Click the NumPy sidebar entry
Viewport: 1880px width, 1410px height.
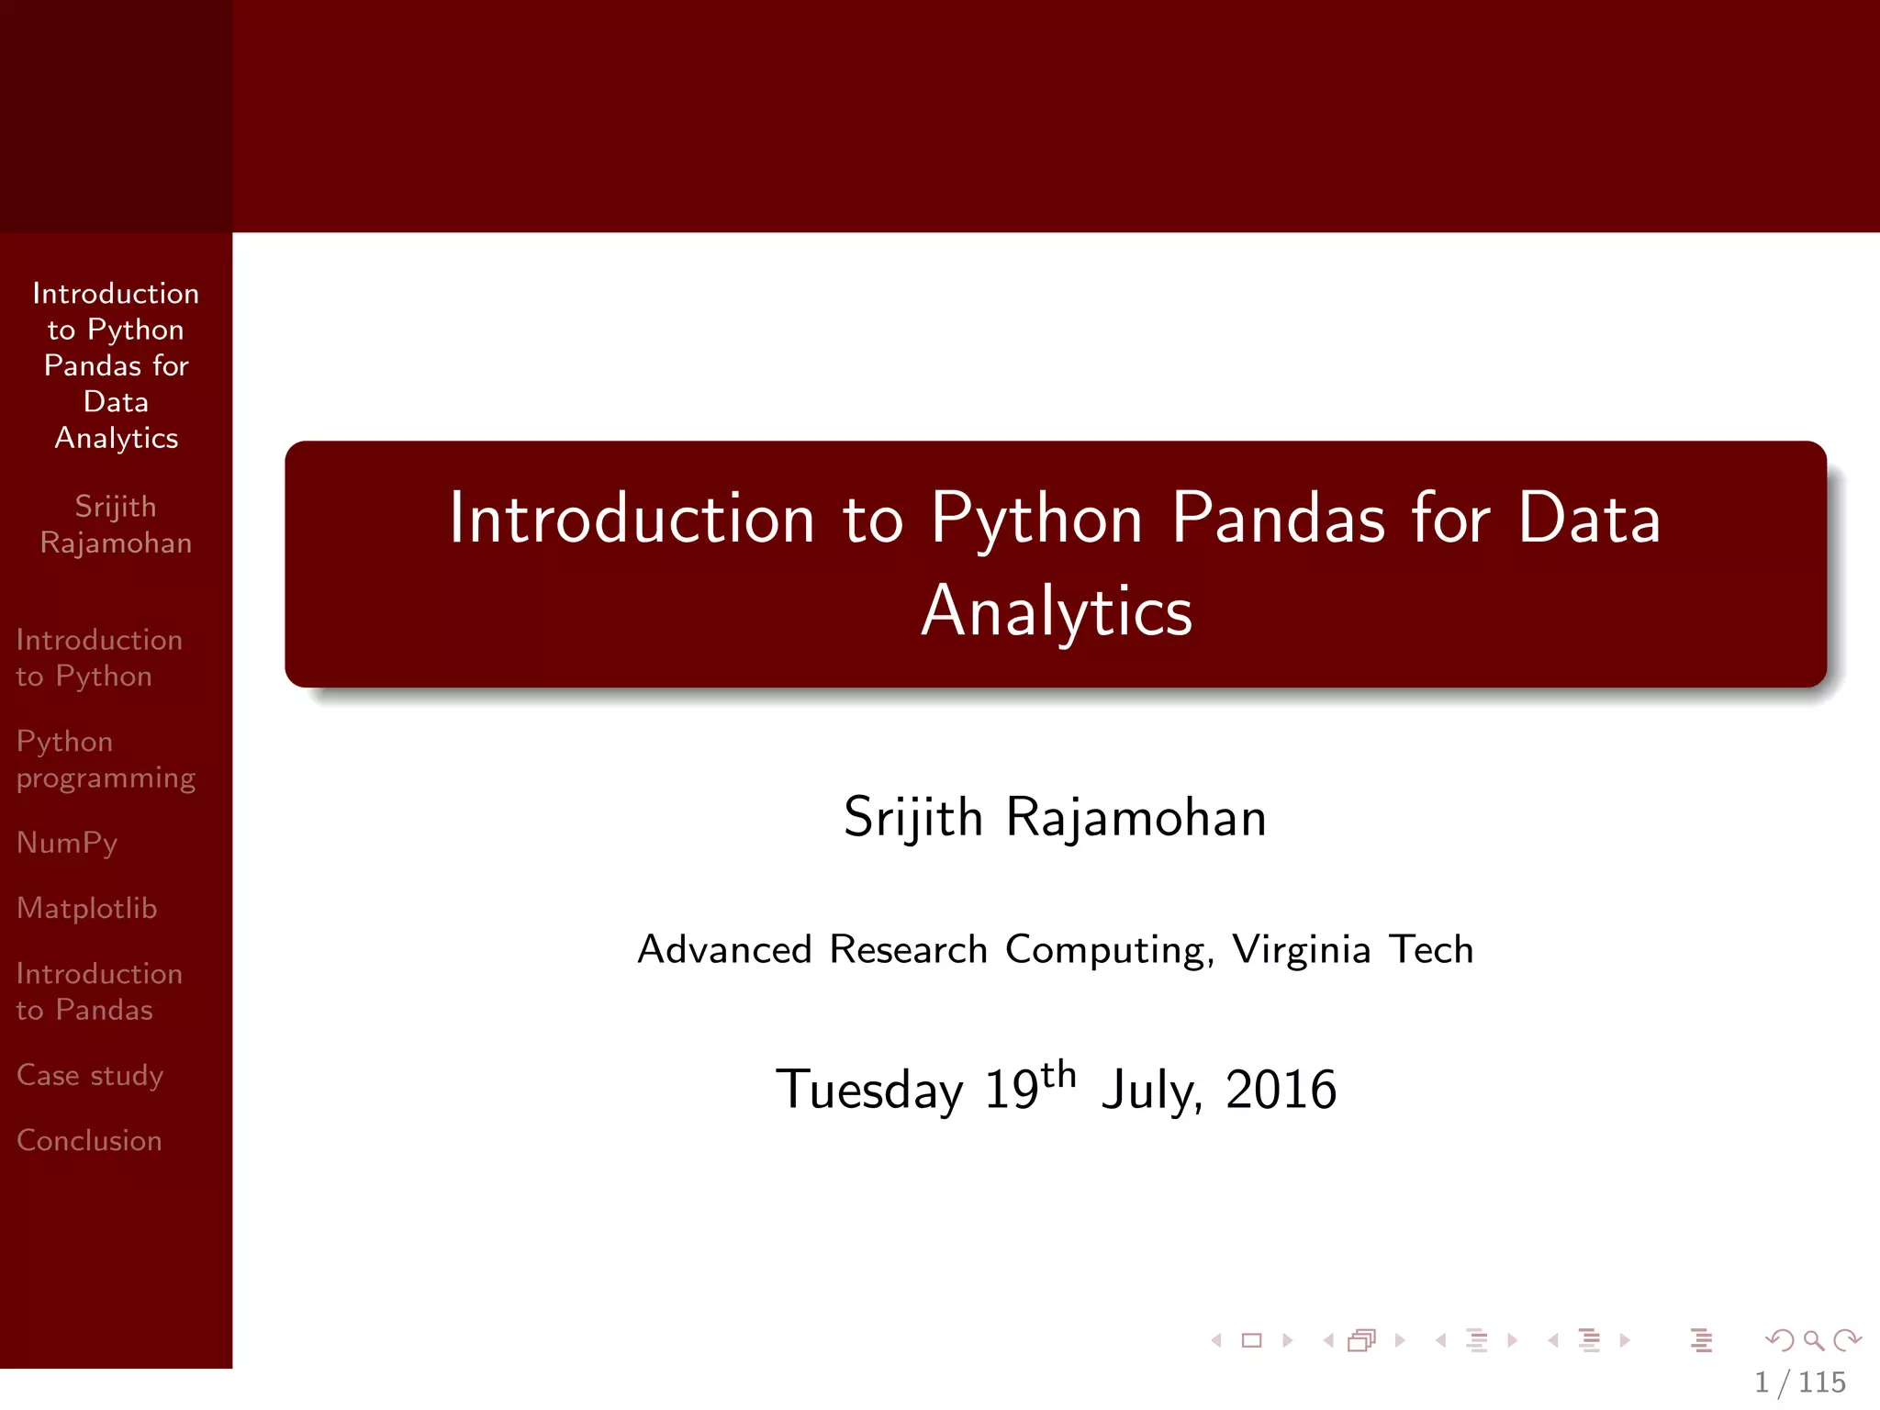coord(67,843)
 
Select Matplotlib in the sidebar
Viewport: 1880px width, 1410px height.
coord(87,908)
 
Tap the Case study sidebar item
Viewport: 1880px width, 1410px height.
coord(90,1075)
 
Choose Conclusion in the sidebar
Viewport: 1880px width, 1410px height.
coord(89,1140)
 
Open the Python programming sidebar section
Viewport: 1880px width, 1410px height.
coord(106,759)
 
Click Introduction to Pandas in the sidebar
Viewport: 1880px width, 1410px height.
coord(98,991)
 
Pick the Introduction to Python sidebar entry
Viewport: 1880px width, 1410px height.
coord(98,657)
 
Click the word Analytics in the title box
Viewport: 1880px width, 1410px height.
coord(1057,611)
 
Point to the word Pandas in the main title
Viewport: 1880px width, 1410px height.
coord(1278,519)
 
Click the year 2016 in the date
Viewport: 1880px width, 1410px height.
coord(1281,1091)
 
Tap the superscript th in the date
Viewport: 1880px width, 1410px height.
coord(1058,1074)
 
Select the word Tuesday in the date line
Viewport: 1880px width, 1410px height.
coord(869,1091)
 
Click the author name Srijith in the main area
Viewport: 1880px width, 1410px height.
coord(913,817)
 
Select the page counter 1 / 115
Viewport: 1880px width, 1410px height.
coord(1799,1382)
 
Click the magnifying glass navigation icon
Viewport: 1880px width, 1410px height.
coord(1813,1340)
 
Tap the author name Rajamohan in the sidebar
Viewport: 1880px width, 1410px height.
coord(116,543)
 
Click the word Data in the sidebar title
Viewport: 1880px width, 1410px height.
coord(116,402)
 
